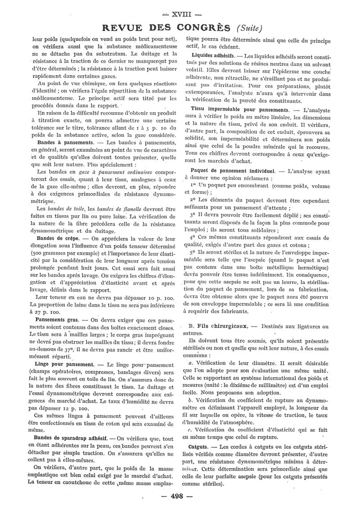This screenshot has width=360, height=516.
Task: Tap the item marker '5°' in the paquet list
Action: tap(194, 253)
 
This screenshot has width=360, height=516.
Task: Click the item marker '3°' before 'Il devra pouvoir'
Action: tap(194, 215)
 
